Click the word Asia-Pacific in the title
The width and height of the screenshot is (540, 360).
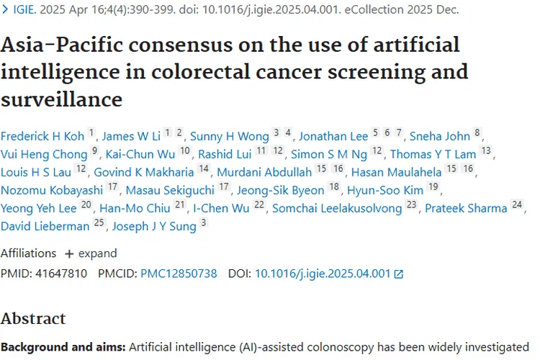click(53, 45)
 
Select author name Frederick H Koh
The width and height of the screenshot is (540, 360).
click(42, 136)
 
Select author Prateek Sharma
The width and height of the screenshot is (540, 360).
click(466, 208)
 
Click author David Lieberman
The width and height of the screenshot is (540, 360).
click(45, 226)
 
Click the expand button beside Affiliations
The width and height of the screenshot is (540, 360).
click(91, 253)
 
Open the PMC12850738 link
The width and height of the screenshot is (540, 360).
click(179, 274)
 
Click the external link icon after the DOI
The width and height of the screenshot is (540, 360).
click(399, 274)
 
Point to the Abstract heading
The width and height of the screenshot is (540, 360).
click(33, 318)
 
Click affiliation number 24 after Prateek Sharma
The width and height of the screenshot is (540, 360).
click(517, 205)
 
